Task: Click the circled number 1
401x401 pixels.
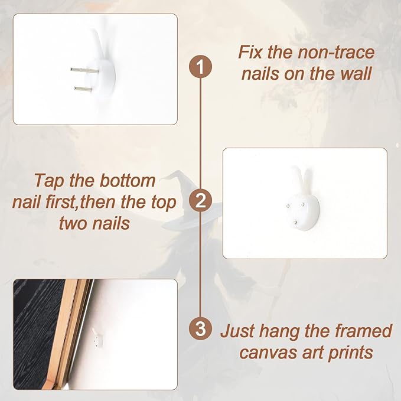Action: point(200,67)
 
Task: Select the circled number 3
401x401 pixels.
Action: point(200,328)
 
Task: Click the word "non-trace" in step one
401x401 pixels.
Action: point(336,52)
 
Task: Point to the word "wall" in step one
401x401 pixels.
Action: point(356,73)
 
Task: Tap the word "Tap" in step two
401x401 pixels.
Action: point(49,181)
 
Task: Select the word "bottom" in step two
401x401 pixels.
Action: point(128,180)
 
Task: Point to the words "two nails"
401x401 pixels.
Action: point(94,223)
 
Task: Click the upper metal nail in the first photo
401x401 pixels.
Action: point(84,70)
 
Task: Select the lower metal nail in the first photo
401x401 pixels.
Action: point(83,89)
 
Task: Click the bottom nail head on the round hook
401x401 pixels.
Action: point(295,223)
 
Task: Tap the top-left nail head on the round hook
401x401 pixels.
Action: point(288,206)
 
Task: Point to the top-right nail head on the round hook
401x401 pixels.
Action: point(303,205)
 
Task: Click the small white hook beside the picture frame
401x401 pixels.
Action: point(97,338)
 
